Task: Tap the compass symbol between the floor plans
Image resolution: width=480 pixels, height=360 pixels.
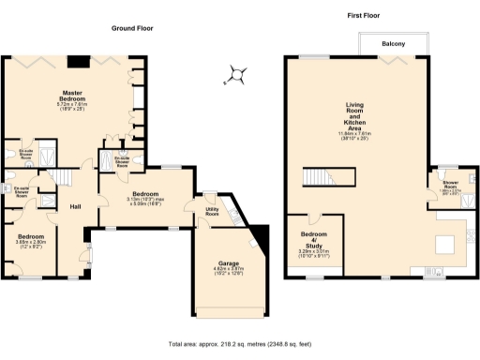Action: pos(239,75)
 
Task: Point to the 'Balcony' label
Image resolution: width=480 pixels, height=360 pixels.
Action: pos(393,44)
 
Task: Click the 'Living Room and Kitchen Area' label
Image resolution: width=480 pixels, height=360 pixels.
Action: pos(355,116)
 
